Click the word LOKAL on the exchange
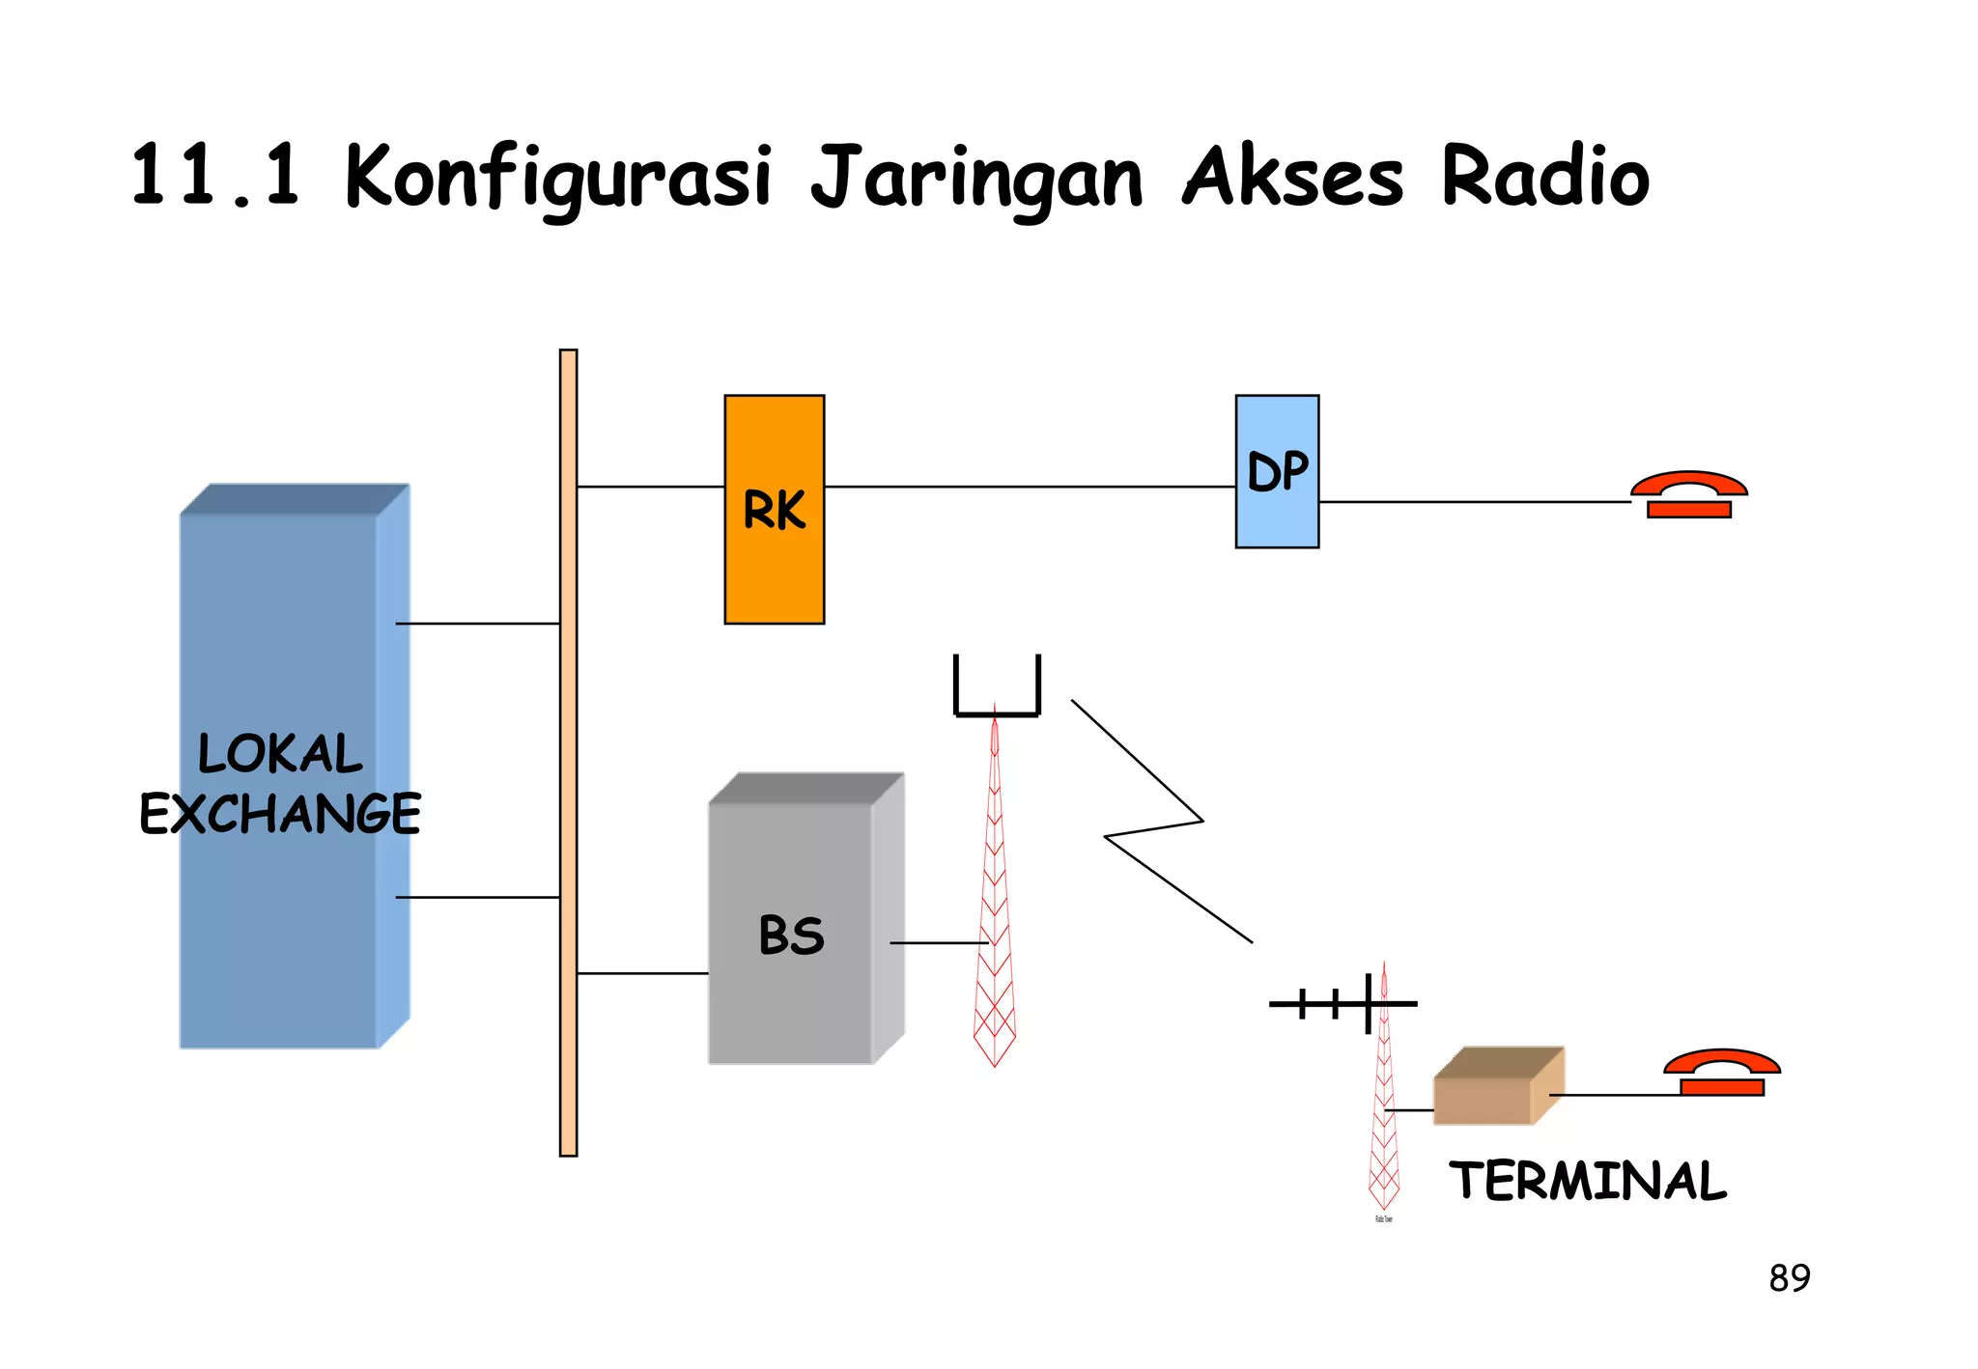pyautogui.click(x=280, y=754)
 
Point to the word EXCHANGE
pyautogui.click(x=280, y=814)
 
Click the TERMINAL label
pyautogui.click(x=1588, y=1181)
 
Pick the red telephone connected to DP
pyautogui.click(x=1689, y=495)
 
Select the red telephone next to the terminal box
pyautogui.click(x=1721, y=1073)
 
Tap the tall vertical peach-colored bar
pyautogui.click(x=568, y=753)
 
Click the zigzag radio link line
pyautogui.click(x=1154, y=825)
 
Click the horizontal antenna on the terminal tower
pyautogui.click(x=1342, y=1004)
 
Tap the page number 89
pyautogui.click(x=1789, y=1278)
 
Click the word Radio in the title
pyautogui.click(x=1545, y=177)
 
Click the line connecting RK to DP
pyautogui.click(x=1029, y=487)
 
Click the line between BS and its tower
pyautogui.click(x=937, y=942)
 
